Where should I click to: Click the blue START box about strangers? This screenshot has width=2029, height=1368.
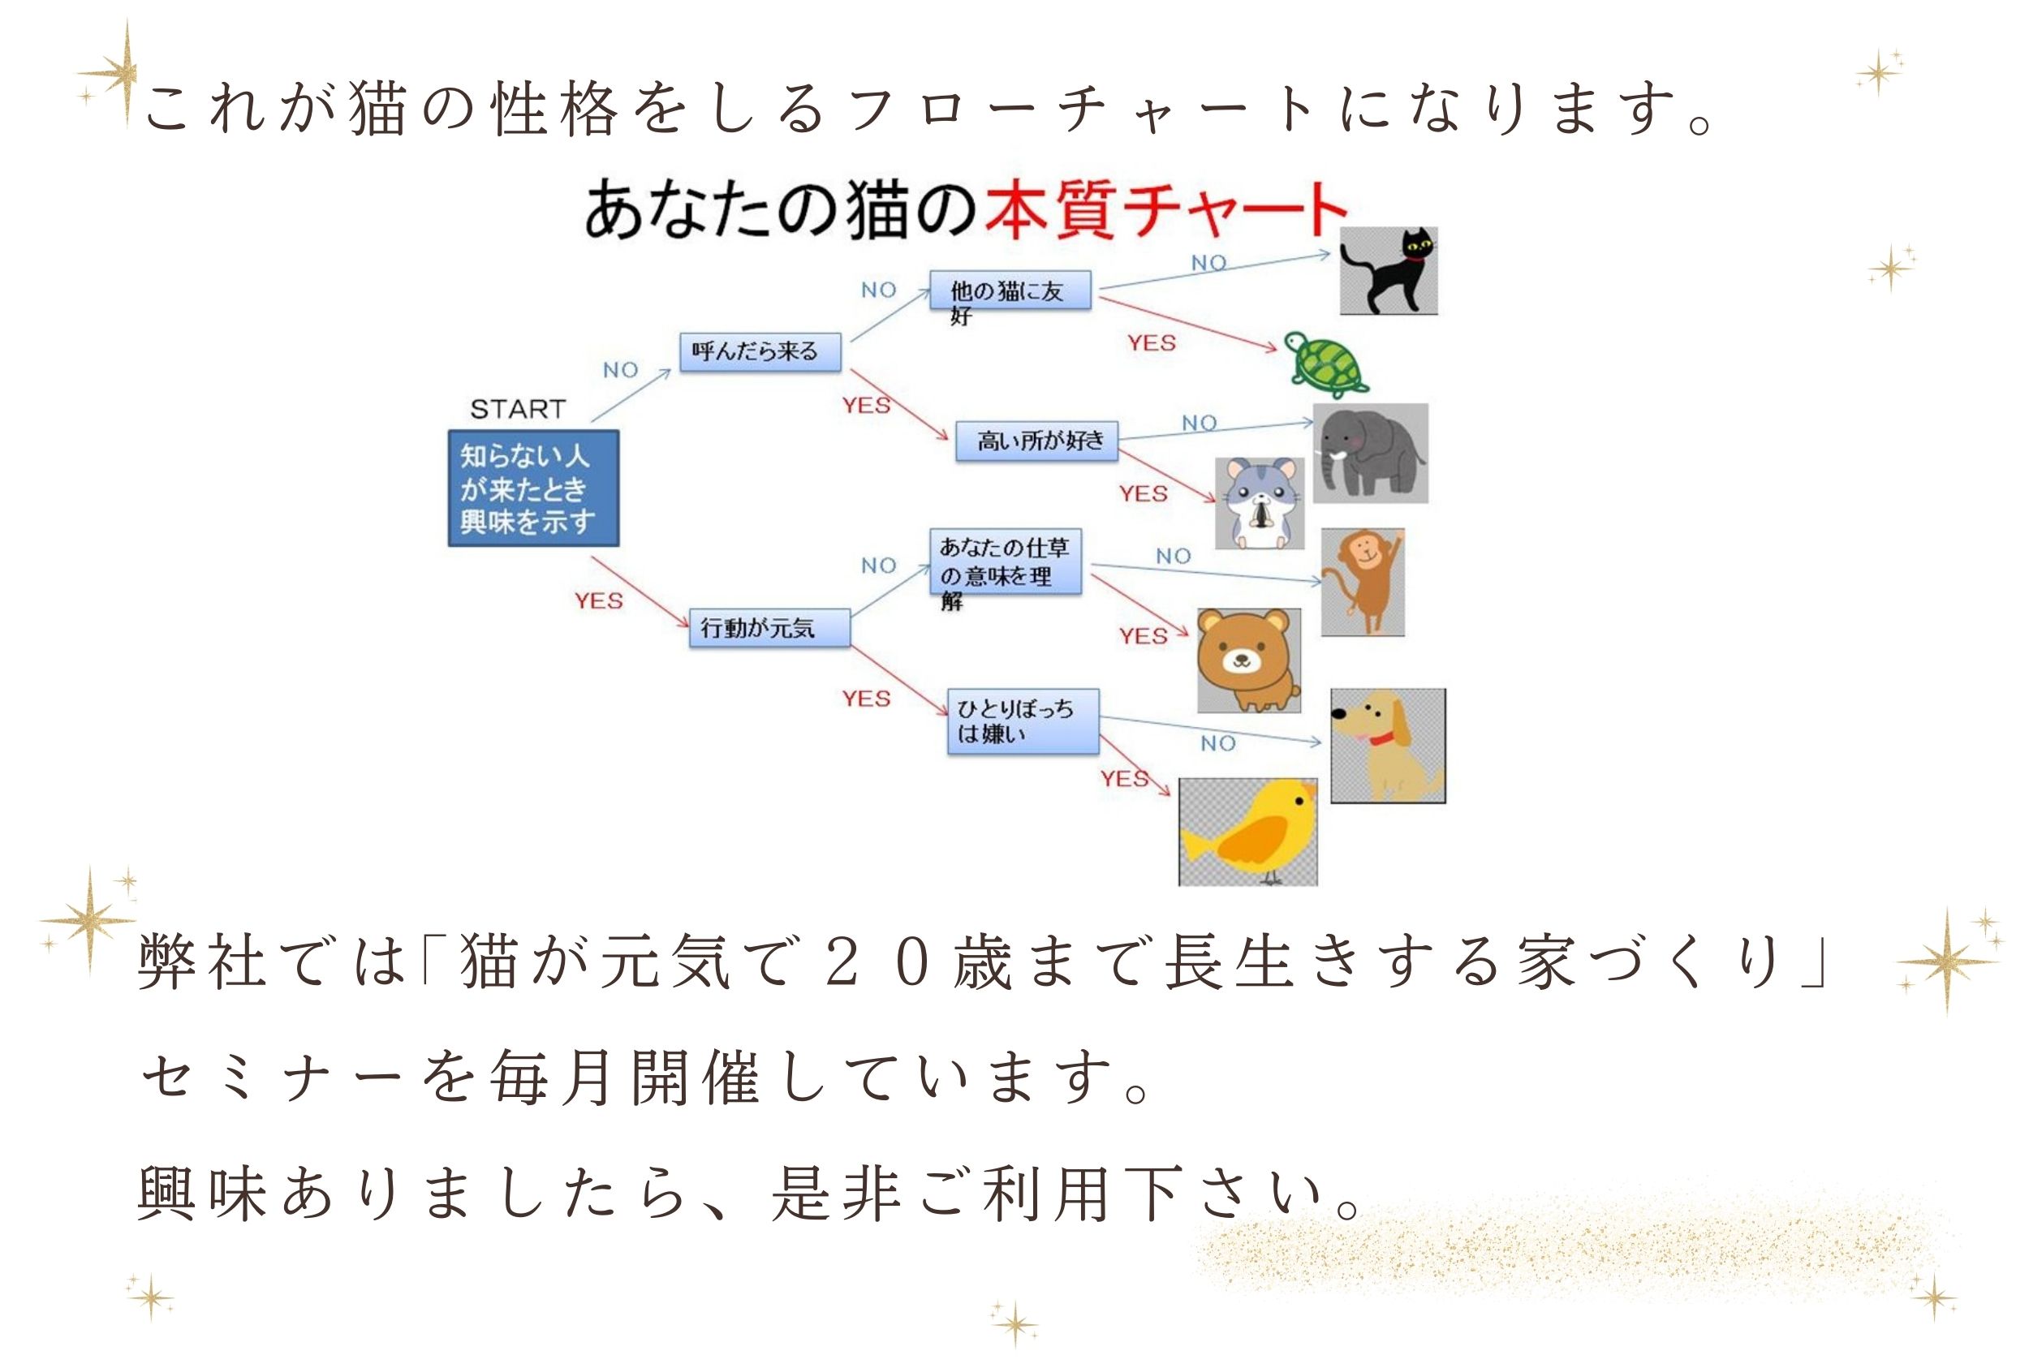tap(533, 488)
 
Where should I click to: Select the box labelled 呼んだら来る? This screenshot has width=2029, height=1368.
tap(760, 351)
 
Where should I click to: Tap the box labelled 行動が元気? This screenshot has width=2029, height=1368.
tap(769, 627)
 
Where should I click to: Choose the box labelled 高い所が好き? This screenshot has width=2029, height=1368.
tap(1036, 441)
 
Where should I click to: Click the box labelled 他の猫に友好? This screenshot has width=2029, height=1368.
tap(1010, 290)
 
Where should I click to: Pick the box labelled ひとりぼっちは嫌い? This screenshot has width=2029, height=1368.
tap(1023, 721)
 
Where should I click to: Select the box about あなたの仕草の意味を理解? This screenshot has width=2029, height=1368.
tap(1006, 561)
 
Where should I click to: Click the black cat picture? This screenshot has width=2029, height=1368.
tap(1389, 270)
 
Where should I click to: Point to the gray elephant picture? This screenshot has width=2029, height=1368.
tap(1370, 453)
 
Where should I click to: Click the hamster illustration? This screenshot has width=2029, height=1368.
tap(1260, 503)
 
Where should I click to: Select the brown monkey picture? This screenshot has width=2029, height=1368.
tap(1362, 582)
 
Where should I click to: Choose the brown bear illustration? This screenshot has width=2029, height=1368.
tap(1248, 660)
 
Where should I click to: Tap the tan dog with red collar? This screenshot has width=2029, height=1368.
tap(1388, 746)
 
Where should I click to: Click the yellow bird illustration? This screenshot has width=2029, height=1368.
tap(1248, 832)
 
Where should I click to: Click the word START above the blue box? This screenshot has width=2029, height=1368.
tap(518, 409)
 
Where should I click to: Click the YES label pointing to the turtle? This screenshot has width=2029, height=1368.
tap(1151, 343)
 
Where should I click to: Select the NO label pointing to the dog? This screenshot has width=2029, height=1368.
tap(1217, 743)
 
